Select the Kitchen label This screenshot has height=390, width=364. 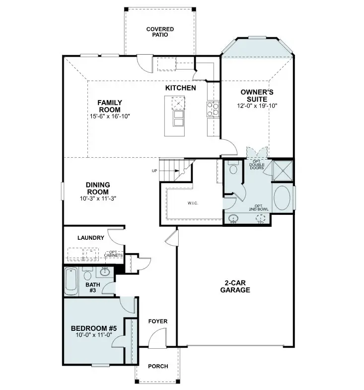point(180,88)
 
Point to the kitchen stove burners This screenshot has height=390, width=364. point(213,108)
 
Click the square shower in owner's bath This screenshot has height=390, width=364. point(283,171)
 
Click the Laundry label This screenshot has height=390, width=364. point(90,238)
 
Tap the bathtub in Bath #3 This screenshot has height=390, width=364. point(70,282)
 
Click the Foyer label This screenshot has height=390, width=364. point(158,321)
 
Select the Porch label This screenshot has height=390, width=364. point(158,366)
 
